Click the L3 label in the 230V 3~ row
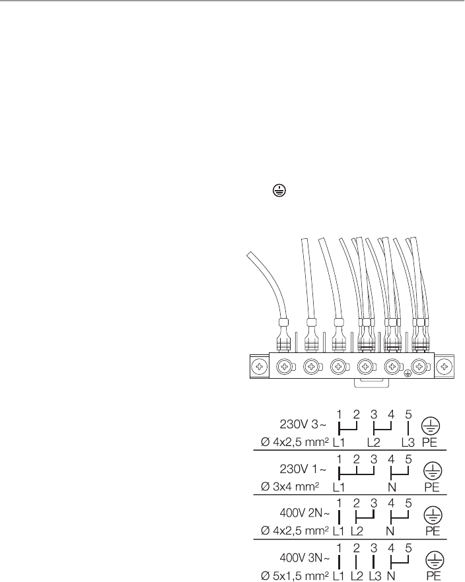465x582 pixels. tap(408, 438)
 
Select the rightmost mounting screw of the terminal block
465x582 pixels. tap(445, 365)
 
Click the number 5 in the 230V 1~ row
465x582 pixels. tap(408, 458)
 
